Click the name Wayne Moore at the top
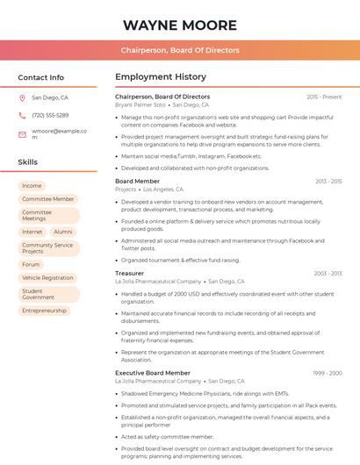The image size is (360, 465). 180,25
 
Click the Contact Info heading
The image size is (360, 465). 40,77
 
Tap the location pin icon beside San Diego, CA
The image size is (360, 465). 22,98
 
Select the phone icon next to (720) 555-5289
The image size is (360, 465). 22,116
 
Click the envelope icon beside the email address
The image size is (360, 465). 22,134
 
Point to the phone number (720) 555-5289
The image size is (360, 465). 50,116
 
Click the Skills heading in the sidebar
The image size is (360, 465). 28,162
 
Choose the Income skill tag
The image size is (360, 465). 32,186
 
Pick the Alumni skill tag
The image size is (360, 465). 63,232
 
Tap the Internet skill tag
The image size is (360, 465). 32,232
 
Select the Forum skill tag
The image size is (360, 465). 32,264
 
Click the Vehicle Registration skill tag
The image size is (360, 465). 47,277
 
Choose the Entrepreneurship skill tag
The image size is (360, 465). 45,311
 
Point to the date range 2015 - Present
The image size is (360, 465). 324,97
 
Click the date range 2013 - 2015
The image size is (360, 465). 328,181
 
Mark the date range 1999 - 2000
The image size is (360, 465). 328,373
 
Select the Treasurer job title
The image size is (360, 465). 129,273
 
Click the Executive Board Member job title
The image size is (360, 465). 153,373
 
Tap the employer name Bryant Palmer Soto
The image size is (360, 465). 140,104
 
